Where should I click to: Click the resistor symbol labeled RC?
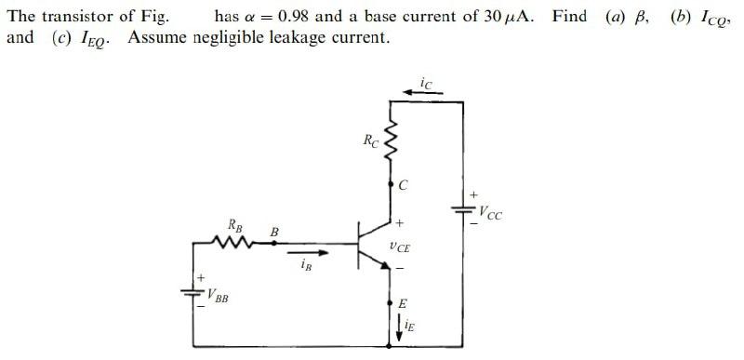(391, 144)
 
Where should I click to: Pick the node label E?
(403, 303)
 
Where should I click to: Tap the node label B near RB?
(274, 230)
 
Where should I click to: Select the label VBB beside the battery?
(219, 298)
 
